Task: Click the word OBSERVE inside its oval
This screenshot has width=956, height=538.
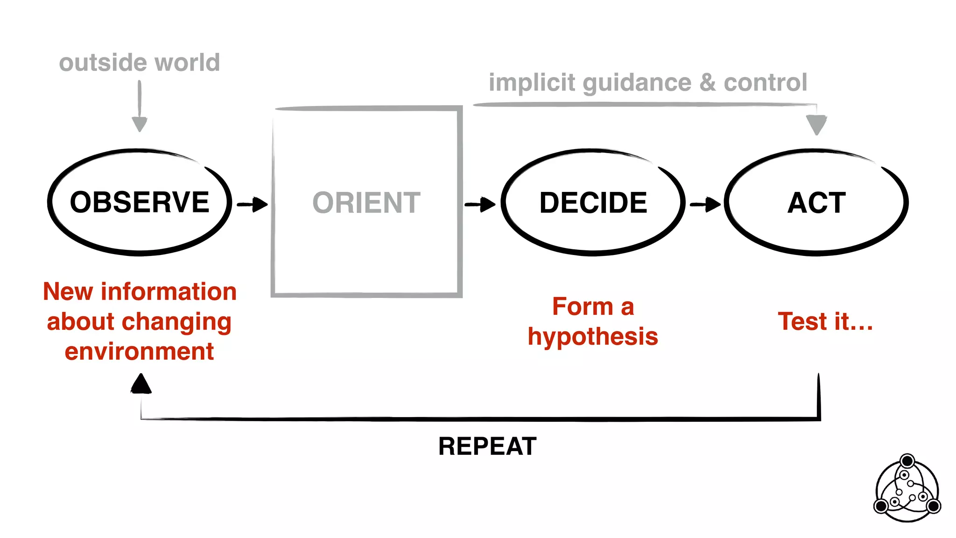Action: pos(140,202)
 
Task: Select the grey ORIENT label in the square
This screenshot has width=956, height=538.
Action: pos(366,203)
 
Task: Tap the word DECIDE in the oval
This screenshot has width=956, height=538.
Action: pos(593,203)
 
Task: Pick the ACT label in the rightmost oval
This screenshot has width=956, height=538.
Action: pos(816,203)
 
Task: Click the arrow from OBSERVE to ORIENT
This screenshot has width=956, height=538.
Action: pos(253,204)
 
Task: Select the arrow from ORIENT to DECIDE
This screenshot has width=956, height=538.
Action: pos(480,204)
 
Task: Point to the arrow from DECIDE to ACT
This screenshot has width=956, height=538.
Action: pos(705,204)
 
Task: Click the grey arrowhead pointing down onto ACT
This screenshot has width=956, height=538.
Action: pos(816,124)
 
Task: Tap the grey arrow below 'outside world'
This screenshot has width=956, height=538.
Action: pos(140,107)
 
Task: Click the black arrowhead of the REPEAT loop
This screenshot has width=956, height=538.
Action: pos(141,384)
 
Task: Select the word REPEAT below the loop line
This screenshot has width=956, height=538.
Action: pos(487,446)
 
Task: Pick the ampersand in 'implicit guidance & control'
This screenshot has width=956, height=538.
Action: pos(707,83)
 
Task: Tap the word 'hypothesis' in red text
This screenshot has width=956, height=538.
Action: pos(593,337)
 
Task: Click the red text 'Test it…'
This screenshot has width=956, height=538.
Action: pos(825,321)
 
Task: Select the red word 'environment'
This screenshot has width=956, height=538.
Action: pos(139,351)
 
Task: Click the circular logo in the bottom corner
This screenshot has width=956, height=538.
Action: pos(907,488)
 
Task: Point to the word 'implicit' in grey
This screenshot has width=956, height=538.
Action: pos(532,83)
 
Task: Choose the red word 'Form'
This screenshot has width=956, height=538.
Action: pos(582,307)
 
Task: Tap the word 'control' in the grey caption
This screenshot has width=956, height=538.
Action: pos(765,83)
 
